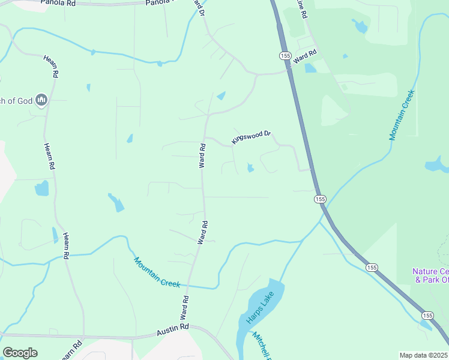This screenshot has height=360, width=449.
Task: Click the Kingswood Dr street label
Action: tap(252, 137)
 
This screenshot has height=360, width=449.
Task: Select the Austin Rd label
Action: tap(173, 330)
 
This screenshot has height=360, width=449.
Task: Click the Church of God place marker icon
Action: tap(41, 100)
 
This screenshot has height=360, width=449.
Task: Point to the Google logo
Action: tap(20, 353)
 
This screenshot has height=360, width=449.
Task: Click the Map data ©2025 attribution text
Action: tap(424, 355)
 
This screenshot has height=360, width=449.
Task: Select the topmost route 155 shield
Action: tap(285, 55)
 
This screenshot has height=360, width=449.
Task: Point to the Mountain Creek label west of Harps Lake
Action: tap(157, 272)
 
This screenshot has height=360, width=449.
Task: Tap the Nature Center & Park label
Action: tap(430, 275)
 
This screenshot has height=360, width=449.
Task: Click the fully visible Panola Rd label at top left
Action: tap(58, 3)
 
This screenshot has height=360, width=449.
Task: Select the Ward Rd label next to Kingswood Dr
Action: tap(203, 155)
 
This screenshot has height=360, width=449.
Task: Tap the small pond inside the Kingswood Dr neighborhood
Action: tap(250, 168)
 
